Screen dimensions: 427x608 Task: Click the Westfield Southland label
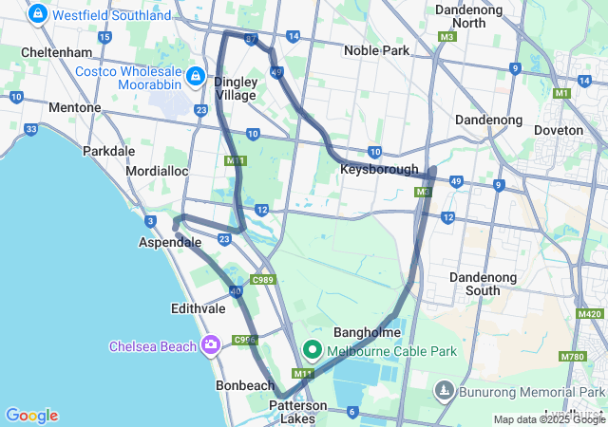click(x=104, y=15)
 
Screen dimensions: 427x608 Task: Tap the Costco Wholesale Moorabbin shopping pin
click(x=195, y=74)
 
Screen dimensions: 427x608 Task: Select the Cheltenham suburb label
click(x=55, y=51)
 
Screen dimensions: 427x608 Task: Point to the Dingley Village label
click(x=235, y=88)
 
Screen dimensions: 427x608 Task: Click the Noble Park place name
click(x=375, y=50)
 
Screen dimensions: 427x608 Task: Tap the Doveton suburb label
click(x=559, y=129)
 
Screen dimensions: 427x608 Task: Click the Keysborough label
click(x=379, y=169)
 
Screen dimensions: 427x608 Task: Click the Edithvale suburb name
click(x=199, y=308)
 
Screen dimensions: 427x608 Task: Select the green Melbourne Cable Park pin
click(x=312, y=351)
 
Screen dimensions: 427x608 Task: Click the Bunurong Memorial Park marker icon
click(x=444, y=391)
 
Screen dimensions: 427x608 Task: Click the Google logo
click(x=31, y=416)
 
